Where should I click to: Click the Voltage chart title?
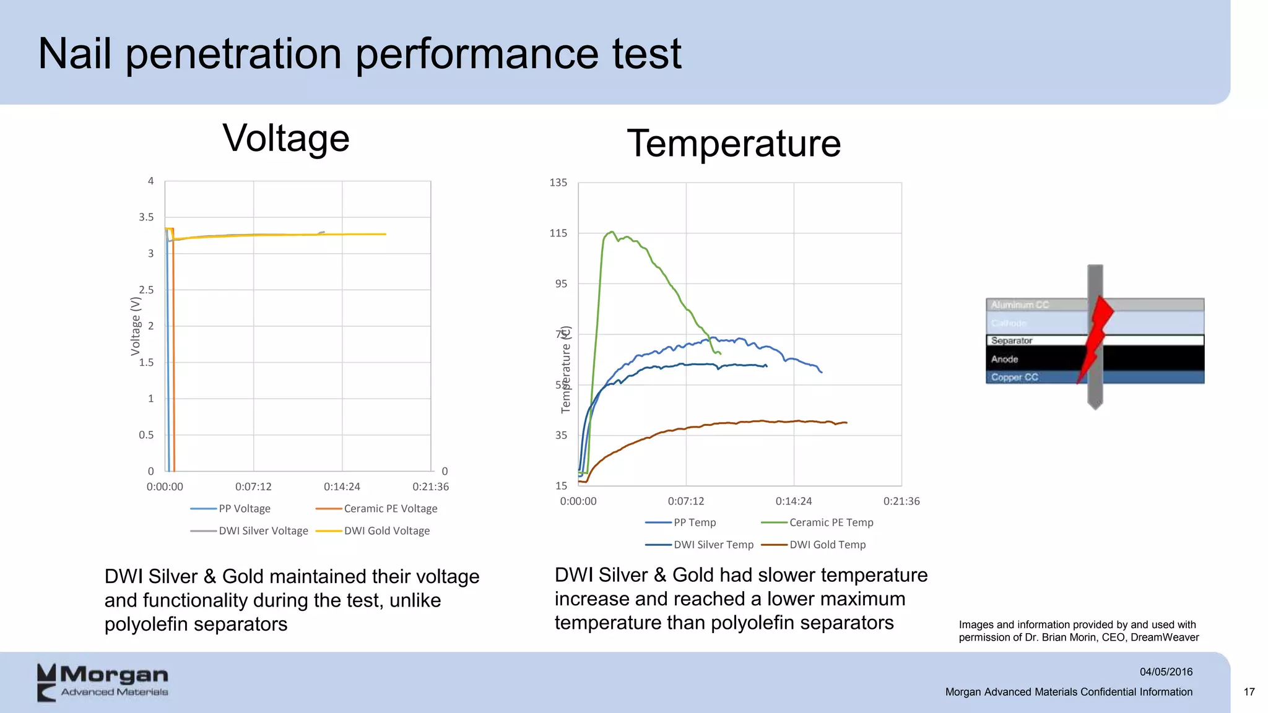pyautogui.click(x=286, y=139)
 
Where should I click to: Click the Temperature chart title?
pyautogui.click(x=734, y=144)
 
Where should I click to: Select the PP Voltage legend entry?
pyautogui.click(x=244, y=509)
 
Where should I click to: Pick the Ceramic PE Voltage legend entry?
pyautogui.click(x=390, y=509)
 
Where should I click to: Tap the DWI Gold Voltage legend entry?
pyautogui.click(x=386, y=531)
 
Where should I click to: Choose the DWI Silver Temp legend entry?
pyautogui.click(x=713, y=545)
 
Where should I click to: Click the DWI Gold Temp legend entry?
pyautogui.click(x=827, y=545)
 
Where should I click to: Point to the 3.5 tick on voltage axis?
pyautogui.click(x=146, y=217)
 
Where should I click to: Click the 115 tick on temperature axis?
pyautogui.click(x=558, y=233)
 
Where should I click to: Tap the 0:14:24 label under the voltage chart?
pyautogui.click(x=342, y=487)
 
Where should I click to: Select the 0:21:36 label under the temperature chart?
pyautogui.click(x=901, y=501)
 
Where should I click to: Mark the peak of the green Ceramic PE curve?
pyautogui.click(x=612, y=232)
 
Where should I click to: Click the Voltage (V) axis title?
pyautogui.click(x=136, y=326)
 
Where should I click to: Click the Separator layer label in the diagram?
pyautogui.click(x=1011, y=341)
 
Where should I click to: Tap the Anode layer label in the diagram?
pyautogui.click(x=1004, y=359)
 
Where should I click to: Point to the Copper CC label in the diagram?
pyautogui.click(x=1014, y=378)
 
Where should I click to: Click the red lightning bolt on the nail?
pyautogui.click(x=1097, y=334)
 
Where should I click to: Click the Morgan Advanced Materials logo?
pyautogui.click(x=103, y=682)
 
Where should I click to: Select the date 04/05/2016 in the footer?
pyautogui.click(x=1166, y=672)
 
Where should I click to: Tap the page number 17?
pyautogui.click(x=1249, y=692)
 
